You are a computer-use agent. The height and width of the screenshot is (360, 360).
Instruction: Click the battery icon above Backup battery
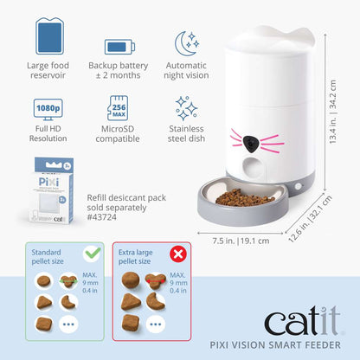119,47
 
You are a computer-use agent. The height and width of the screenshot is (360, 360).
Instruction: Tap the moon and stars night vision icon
187,43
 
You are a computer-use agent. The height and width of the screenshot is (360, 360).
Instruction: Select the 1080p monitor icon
48,110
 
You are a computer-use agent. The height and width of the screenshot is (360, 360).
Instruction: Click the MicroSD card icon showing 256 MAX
118,108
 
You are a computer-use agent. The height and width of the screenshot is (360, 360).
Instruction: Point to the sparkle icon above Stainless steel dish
186,108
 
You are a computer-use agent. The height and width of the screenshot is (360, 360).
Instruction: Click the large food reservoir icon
49,36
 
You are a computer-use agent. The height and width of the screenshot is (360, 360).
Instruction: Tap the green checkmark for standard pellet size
93,254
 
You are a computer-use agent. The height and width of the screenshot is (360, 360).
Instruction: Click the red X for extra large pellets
178,254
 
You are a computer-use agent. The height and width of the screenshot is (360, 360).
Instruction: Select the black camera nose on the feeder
252,144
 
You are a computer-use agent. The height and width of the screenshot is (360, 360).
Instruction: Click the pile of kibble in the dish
244,197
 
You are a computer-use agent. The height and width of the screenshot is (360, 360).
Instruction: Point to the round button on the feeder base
299,186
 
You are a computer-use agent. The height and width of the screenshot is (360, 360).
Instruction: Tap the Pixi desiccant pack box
51,190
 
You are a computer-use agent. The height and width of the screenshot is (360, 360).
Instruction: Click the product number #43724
102,217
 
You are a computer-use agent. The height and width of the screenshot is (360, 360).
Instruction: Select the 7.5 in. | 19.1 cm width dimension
241,241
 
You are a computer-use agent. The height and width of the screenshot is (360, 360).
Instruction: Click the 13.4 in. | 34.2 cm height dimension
333,112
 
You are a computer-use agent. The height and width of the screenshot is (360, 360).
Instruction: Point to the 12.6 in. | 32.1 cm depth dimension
311,219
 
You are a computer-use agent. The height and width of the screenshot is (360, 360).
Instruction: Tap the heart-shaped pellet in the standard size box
68,280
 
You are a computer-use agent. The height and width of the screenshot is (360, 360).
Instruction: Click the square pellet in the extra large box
131,323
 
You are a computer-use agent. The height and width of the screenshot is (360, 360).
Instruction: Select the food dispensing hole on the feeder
253,168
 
